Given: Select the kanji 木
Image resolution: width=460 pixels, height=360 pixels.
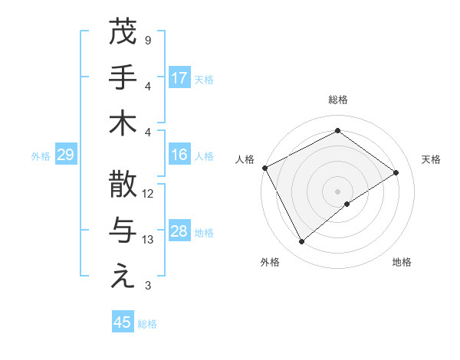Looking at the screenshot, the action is (123, 124).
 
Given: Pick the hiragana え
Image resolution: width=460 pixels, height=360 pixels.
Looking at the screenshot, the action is (123, 278).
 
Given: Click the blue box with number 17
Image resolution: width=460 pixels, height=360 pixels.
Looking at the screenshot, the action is (179, 78).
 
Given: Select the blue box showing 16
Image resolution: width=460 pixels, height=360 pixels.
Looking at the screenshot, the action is (179, 155).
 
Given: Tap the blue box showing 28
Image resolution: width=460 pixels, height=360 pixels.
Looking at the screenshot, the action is (179, 232).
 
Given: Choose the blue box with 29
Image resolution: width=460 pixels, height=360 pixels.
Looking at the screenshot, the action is (65, 155).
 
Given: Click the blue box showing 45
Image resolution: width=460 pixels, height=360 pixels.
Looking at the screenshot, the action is (123, 322).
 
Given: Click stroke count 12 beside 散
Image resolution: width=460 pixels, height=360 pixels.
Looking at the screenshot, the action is (148, 194).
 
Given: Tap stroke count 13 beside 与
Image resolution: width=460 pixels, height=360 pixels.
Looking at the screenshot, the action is (148, 240).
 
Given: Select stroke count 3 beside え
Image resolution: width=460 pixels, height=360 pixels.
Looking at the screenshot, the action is (147, 286).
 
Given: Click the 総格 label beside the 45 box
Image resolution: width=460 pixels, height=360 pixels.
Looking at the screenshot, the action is (147, 324).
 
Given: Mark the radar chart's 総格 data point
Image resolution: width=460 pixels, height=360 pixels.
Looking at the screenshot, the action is (337, 130).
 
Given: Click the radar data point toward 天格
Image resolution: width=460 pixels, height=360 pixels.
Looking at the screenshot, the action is (396, 172).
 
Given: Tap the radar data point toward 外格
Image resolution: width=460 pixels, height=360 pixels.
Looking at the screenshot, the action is (301, 242).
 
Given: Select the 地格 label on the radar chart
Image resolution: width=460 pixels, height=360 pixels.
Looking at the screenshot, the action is (402, 262).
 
